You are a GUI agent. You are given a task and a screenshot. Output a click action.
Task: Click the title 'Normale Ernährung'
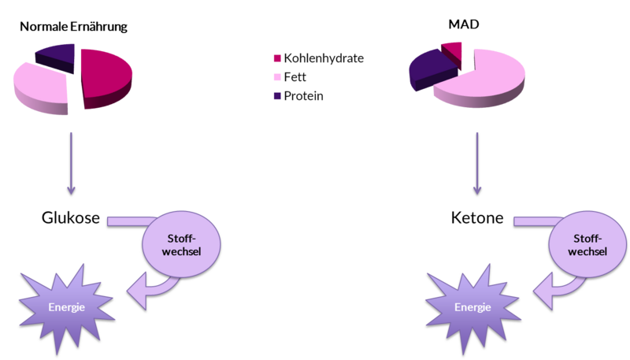click(73, 27)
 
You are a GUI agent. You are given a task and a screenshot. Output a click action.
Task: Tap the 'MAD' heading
click(464, 24)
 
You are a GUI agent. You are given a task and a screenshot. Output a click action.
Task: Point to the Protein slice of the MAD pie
click(431, 69)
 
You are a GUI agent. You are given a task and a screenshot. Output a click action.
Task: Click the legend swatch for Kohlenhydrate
click(277, 58)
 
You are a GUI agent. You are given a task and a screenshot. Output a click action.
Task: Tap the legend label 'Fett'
click(295, 76)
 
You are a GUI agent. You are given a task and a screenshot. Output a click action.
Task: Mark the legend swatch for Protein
click(277, 96)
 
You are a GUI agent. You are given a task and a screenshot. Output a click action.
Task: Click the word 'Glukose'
click(71, 217)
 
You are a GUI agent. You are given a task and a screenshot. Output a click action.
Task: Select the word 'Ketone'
click(477, 217)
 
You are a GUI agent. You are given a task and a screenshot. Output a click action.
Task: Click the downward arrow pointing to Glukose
click(71, 164)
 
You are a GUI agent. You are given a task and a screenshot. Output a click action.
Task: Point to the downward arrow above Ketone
click(477, 164)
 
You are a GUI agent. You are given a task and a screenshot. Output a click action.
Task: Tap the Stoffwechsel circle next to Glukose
click(181, 244)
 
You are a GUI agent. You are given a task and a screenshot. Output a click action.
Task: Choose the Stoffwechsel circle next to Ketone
click(587, 244)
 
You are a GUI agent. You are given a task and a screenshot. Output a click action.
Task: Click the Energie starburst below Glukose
click(67, 307)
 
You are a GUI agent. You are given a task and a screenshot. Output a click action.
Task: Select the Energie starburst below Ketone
click(473, 307)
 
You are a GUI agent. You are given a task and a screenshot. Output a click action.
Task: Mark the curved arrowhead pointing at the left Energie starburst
click(137, 291)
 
